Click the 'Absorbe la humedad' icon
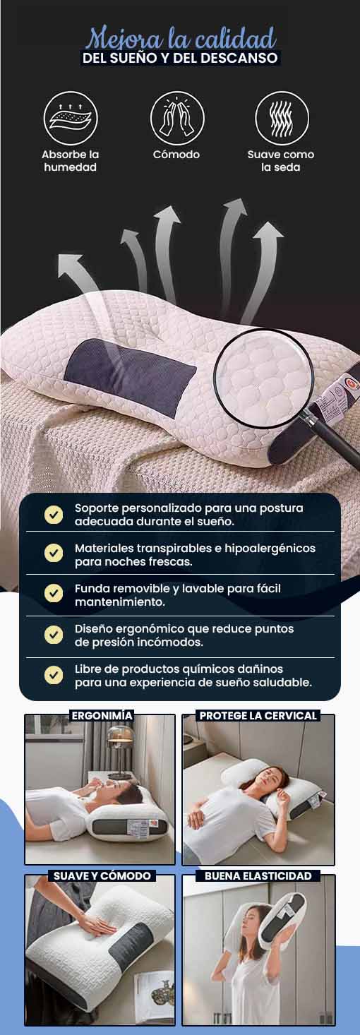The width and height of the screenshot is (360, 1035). (x=71, y=119)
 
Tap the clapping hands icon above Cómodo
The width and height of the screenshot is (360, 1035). (x=177, y=119)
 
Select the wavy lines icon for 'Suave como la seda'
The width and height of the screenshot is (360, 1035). (x=282, y=119)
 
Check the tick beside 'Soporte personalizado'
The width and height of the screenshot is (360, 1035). (x=54, y=514)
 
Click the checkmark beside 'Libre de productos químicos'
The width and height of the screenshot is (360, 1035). (x=54, y=675)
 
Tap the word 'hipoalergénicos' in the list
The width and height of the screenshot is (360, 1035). (x=270, y=549)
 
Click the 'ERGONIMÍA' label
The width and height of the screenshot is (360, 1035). (x=102, y=715)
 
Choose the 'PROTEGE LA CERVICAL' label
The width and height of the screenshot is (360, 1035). (x=258, y=715)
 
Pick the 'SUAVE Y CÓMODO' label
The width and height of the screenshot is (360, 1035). (x=102, y=875)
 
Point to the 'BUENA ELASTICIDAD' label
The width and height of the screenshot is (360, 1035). (x=258, y=875)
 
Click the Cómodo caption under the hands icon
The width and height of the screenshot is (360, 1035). (x=176, y=155)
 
